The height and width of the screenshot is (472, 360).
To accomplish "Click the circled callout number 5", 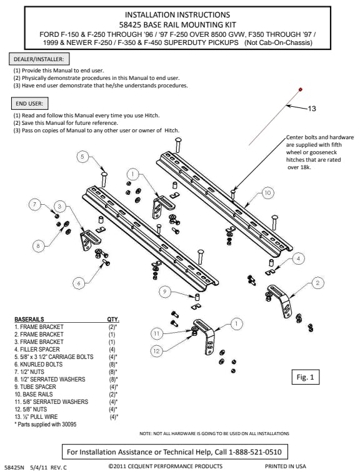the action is tap(82, 157).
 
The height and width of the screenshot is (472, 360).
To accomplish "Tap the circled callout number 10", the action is tap(267, 193).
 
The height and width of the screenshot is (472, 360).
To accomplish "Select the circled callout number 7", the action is tap(34, 205).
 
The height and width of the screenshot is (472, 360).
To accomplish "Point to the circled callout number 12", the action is tap(156, 351).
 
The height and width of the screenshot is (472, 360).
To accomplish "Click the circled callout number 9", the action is tap(165, 292).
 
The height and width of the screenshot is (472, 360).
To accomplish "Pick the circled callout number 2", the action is tap(317, 283).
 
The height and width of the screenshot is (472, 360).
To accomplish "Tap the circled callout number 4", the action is tap(298, 258).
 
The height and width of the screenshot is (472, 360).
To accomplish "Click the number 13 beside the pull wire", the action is tap(312, 109).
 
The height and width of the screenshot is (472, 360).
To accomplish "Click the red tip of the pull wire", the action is tap(300, 89).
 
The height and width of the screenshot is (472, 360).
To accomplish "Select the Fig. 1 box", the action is tap(306, 377).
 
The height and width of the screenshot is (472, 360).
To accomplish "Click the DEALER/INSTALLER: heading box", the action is tap(39, 59).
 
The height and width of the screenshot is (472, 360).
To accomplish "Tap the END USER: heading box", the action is tap(29, 104).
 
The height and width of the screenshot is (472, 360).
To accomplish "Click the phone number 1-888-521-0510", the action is tap(255, 452).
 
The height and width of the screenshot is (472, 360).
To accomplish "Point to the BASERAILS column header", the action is tap(29, 319).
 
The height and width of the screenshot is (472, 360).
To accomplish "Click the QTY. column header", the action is tap(113, 319).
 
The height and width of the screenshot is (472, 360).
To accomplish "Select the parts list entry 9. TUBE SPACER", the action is tap(35, 387).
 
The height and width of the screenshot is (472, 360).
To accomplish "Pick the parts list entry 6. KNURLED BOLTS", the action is tap(39, 364).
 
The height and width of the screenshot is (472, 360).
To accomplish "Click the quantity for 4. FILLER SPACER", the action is tap(112, 350).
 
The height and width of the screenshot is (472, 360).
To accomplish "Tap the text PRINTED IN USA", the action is tap(285, 466).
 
